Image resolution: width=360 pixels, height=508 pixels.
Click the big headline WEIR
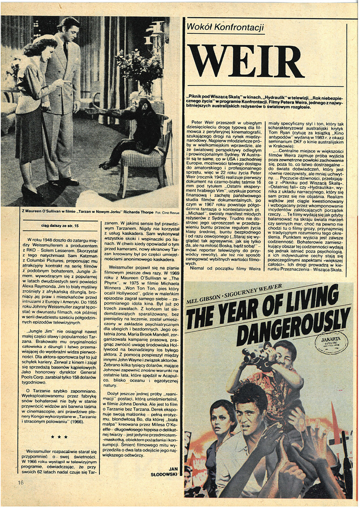(x=246, y=62)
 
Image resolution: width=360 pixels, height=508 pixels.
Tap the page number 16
(x=21, y=482)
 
